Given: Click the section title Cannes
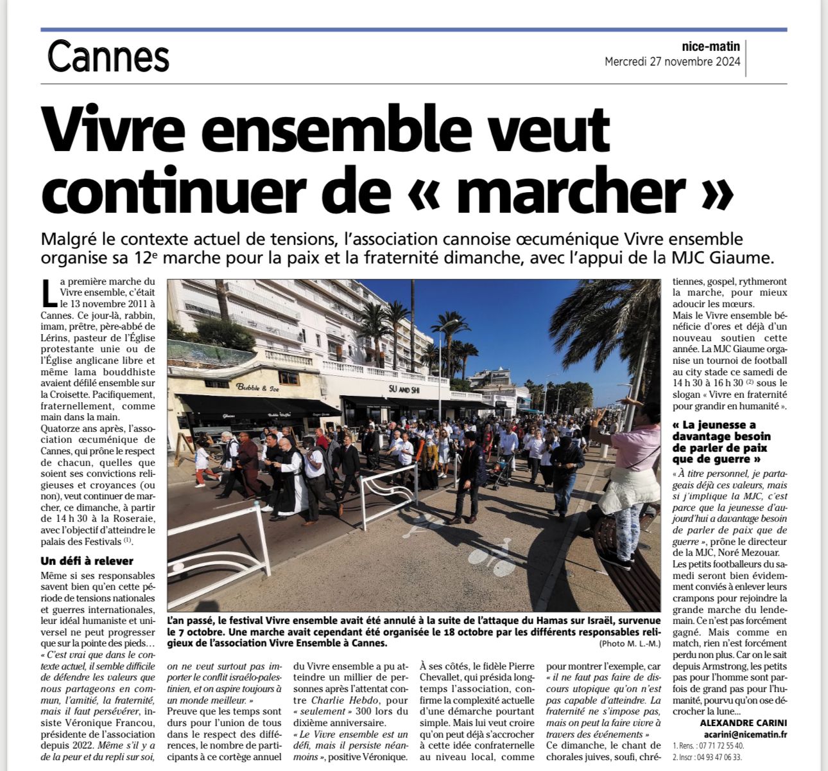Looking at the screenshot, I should (108, 57).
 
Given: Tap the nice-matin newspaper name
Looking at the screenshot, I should (711, 46).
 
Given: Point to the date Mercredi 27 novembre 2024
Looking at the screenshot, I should (672, 62).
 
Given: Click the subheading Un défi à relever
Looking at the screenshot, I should (87, 561).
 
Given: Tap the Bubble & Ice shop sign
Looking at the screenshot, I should (257, 387).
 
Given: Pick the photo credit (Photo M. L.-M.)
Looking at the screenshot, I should (629, 644).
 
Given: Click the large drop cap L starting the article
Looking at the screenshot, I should (49, 293).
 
